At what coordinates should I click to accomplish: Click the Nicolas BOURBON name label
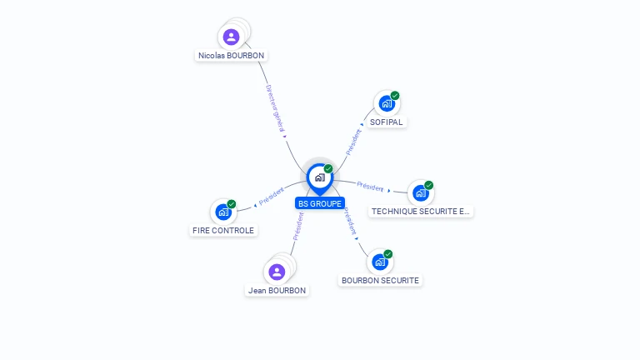tap(232, 56)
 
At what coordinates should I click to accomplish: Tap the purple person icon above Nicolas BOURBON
tap(232, 37)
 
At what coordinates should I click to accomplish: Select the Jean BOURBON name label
tap(277, 291)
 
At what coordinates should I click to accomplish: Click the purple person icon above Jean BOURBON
tap(277, 272)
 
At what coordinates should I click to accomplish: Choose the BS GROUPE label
tap(320, 203)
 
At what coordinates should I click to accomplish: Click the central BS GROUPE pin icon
tap(319, 177)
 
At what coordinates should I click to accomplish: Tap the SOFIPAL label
tap(386, 122)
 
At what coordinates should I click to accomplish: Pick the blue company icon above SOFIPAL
tap(386, 103)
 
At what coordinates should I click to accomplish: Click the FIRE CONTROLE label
tap(222, 231)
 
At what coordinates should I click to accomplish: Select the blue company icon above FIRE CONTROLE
tap(222, 212)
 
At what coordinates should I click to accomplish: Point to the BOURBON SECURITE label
tap(380, 281)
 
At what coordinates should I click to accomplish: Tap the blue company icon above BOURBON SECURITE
tap(380, 262)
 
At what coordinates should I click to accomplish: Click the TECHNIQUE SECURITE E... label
tap(421, 212)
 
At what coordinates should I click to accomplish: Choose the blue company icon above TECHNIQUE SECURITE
tap(421, 192)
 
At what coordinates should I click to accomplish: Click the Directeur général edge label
tap(276, 109)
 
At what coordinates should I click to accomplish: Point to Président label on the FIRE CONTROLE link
tap(272, 197)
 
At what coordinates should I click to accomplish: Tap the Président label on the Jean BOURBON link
tap(297, 226)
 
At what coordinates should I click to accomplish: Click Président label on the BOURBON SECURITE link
tap(350, 220)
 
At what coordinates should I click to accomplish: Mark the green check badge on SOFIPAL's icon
tap(395, 95)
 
